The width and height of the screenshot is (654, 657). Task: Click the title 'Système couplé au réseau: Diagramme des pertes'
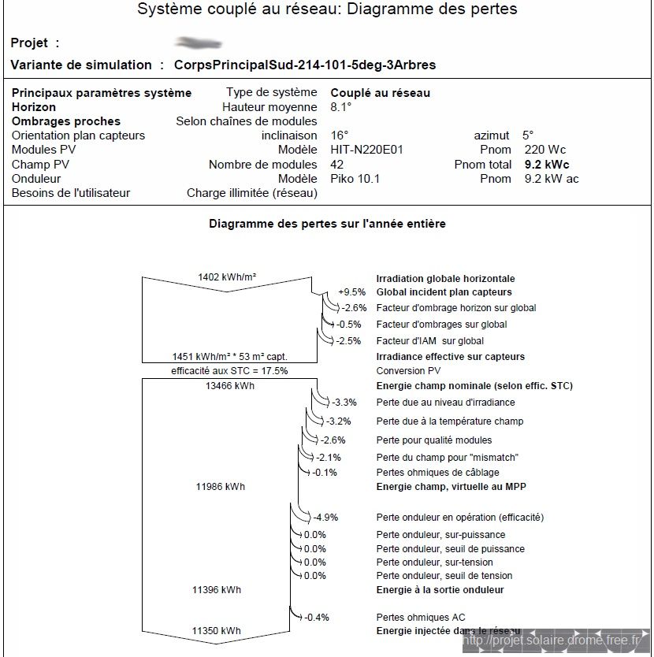coord(327,10)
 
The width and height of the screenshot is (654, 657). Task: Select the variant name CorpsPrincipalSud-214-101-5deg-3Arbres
coord(304,65)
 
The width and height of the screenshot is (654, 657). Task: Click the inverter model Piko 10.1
coord(355,179)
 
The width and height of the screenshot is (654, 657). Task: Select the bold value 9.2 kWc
coord(546,165)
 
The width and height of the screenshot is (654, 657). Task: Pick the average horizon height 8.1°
coord(341,107)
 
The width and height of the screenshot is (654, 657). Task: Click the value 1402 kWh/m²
coord(227,277)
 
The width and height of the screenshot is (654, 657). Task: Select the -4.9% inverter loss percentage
coord(325,518)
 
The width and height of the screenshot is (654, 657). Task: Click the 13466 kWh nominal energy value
coord(229,386)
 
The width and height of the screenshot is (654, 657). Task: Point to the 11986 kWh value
coord(220,487)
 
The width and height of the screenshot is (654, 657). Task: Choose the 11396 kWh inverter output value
coord(217,589)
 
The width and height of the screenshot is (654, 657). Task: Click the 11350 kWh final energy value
coord(217,631)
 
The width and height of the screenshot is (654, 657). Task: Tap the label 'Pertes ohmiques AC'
coord(425,617)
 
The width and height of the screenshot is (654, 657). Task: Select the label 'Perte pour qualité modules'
coord(433,440)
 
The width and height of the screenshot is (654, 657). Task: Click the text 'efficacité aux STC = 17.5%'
coord(229,370)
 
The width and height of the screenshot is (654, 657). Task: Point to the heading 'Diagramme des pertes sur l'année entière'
coord(327,224)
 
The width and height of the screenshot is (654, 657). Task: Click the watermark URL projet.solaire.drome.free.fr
coord(552,641)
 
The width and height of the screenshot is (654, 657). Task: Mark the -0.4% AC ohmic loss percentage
coord(317,617)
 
